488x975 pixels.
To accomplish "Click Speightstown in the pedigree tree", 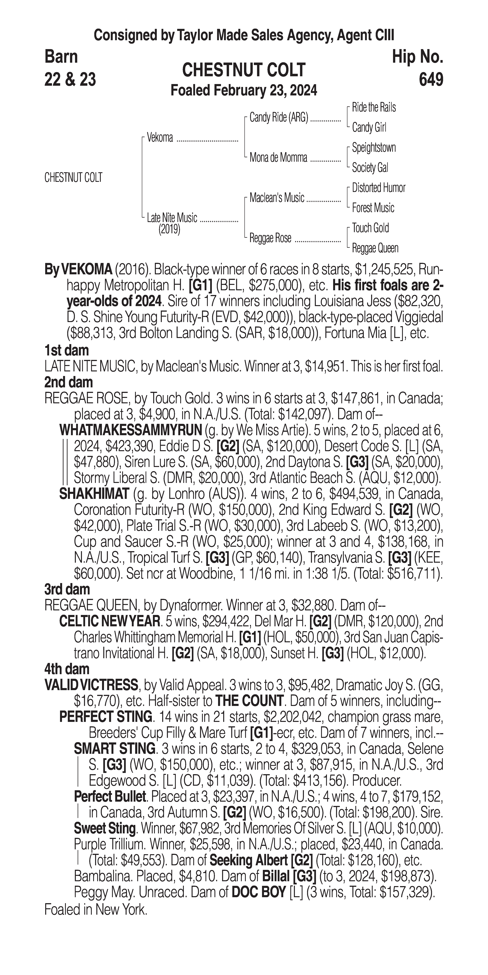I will (373, 148).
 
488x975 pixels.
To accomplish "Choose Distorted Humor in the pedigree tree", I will (378, 188).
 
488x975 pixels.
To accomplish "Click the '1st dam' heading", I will (67, 350).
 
